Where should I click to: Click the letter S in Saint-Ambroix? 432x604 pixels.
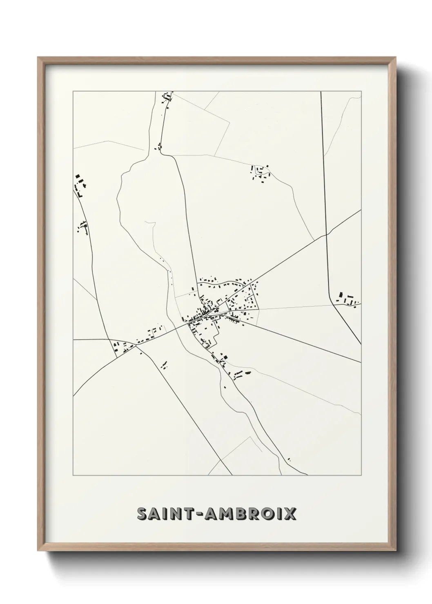pos(143,514)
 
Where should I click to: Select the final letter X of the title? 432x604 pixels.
pos(290,514)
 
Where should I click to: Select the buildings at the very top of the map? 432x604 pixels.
pos(166,98)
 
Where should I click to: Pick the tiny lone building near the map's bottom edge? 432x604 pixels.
pos(289,460)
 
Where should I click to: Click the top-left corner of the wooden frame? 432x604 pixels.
pos(38,58)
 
